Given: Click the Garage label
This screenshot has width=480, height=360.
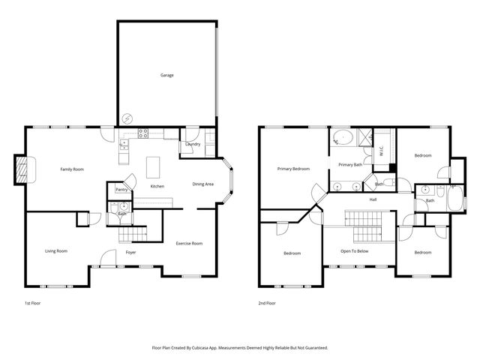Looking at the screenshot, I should point(166,75).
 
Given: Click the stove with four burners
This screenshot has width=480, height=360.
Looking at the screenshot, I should point(142,134).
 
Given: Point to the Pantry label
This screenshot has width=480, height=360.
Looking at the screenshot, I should point(121,190).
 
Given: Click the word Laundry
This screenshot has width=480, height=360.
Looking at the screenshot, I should point(193,144).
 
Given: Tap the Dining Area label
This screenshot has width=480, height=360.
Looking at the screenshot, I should point(202,184).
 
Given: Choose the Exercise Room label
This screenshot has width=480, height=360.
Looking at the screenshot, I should point(189,244).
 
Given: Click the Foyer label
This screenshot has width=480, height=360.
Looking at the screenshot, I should point(130,252).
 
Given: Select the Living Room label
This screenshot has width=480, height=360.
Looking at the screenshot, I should point(56,250).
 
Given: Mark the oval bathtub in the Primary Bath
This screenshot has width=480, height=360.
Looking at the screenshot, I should point(343,138).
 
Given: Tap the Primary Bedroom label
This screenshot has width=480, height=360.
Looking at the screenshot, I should point(293,169).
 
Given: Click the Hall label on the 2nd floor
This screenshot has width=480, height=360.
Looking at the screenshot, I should point(373,199).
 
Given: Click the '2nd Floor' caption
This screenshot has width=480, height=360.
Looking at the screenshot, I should point(267,304).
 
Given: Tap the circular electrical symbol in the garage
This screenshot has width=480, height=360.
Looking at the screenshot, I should point(127,118).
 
